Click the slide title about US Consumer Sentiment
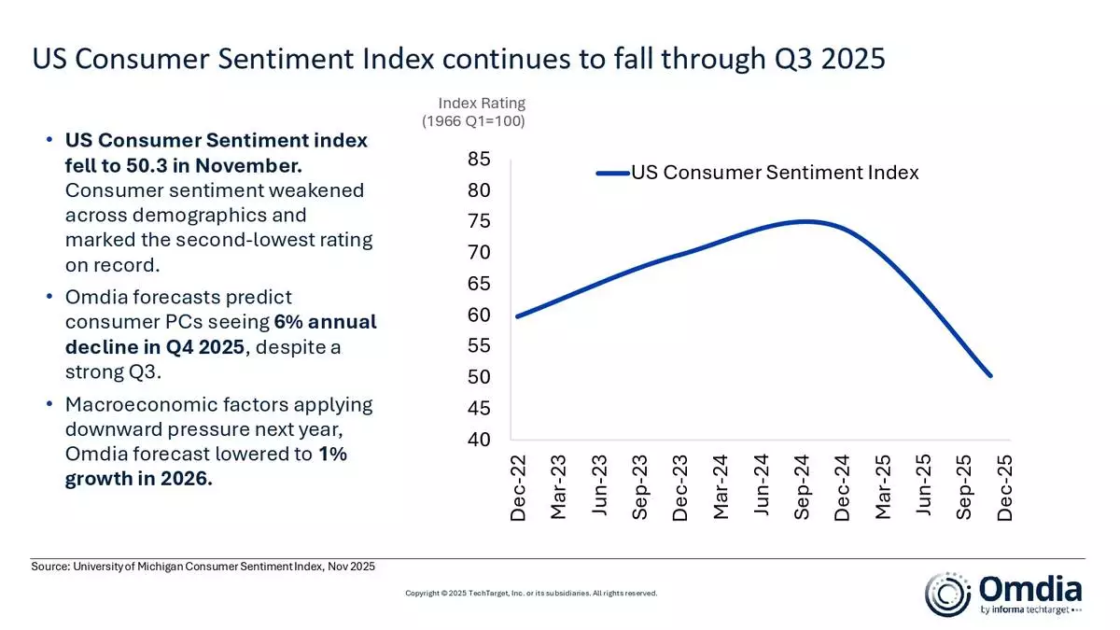click(x=458, y=59)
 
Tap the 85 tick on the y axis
click(x=479, y=160)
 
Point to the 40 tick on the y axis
click(x=479, y=440)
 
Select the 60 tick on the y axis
click(x=479, y=315)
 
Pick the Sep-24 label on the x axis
click(x=803, y=488)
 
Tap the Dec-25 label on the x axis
click(x=1005, y=488)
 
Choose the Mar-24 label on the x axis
click(x=721, y=488)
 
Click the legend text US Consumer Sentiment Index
click(x=775, y=173)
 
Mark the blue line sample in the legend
click(x=612, y=173)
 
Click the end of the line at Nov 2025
click(x=990, y=376)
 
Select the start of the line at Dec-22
click(x=517, y=316)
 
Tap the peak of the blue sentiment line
click(x=803, y=221)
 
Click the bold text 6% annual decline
click(x=220, y=334)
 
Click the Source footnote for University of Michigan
click(x=204, y=567)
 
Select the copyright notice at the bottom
click(x=531, y=593)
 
